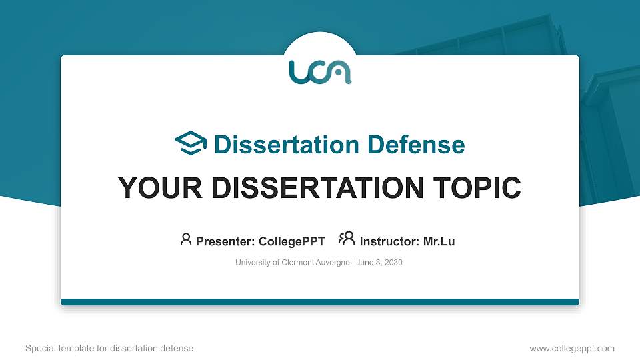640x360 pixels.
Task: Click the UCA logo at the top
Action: coord(320,72)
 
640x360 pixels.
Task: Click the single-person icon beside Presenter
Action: coord(186,239)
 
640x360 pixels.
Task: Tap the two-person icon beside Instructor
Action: coord(347,239)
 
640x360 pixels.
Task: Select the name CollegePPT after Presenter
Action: coord(291,241)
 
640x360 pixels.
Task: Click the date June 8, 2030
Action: coord(379,263)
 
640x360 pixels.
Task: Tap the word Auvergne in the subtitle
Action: coord(331,263)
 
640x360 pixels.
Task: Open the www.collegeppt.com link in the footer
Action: coord(571,348)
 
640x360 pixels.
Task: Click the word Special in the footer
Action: coord(39,348)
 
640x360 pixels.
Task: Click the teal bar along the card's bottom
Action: coord(320,302)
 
